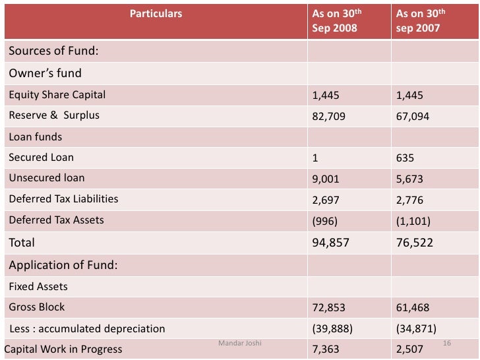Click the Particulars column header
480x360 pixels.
(x=156, y=13)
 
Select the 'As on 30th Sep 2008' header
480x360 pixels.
(x=337, y=20)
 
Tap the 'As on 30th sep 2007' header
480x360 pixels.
(x=421, y=20)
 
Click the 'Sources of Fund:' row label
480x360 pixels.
(x=53, y=51)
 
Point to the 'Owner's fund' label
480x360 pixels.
(x=45, y=73)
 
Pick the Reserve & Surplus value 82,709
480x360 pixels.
(x=328, y=116)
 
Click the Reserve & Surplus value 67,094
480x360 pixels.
(x=412, y=116)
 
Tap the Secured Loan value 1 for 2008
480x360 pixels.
(x=315, y=158)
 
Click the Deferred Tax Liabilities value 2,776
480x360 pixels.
(x=409, y=199)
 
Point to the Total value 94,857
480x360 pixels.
(x=330, y=243)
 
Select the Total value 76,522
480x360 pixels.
(x=415, y=243)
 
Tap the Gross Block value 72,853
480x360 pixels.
(x=328, y=307)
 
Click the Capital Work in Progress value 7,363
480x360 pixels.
(x=326, y=349)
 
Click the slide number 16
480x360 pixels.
(x=446, y=344)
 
